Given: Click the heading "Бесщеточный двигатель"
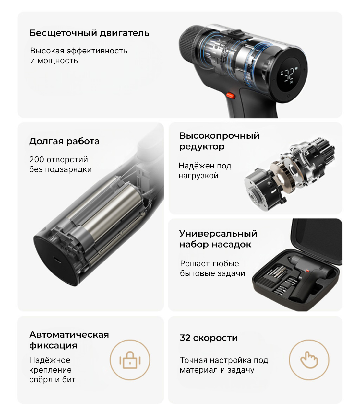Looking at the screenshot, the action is (x=90, y=33).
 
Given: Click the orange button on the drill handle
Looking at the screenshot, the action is (x=231, y=95).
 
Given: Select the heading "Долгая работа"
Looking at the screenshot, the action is (x=65, y=141).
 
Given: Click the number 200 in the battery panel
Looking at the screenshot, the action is (x=37, y=160).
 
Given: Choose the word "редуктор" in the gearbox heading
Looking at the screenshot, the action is (x=202, y=147).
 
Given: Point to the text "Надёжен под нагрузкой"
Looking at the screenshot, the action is (x=205, y=171).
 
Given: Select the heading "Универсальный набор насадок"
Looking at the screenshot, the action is (x=218, y=239).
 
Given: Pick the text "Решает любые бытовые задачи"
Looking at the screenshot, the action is (x=212, y=269).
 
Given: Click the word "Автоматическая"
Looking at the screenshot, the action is (x=69, y=335).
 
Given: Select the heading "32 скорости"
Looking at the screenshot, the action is (x=209, y=338).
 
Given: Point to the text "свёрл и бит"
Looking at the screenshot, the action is (x=52, y=380).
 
